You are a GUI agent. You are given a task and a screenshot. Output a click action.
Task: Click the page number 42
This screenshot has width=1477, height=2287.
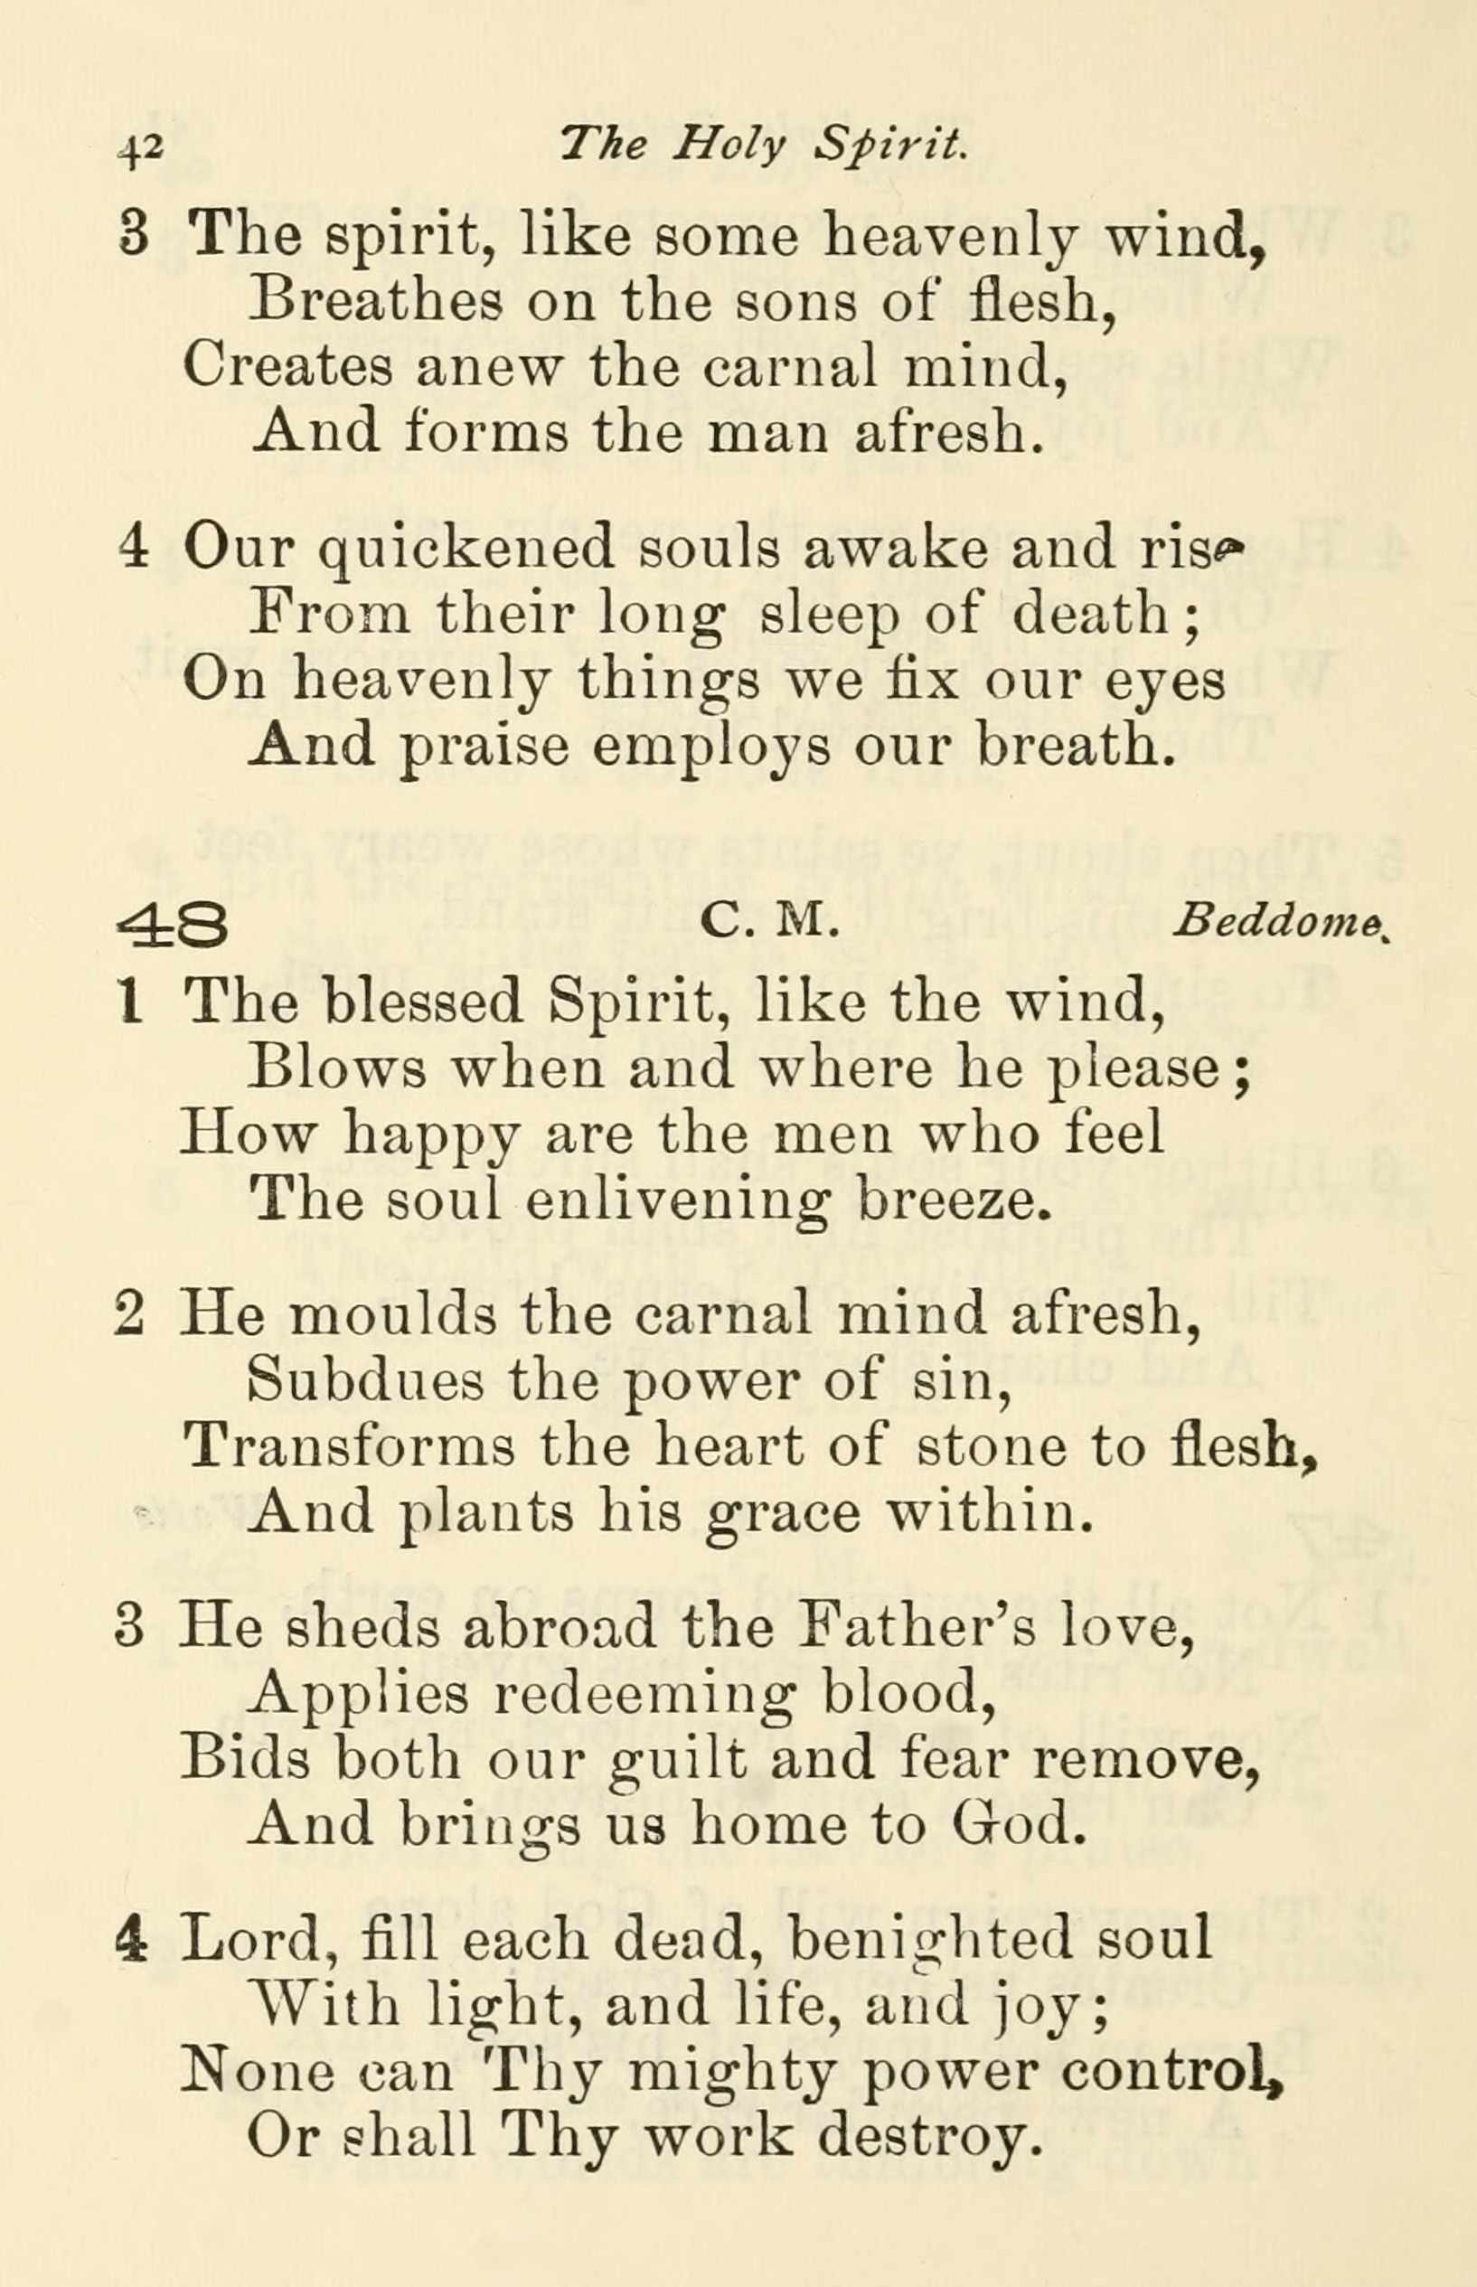pyautogui.click(x=142, y=149)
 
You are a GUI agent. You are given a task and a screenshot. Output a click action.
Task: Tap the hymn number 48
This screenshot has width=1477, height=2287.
pyautogui.click(x=173, y=927)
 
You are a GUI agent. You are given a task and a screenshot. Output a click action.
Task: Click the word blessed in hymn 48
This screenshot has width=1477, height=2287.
pyautogui.click(x=423, y=1002)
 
